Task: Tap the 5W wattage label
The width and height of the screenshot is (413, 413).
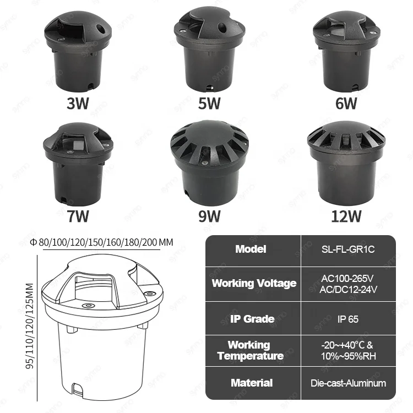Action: [209, 104]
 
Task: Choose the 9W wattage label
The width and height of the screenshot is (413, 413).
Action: [209, 215]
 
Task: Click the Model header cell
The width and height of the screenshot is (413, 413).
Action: [251, 249]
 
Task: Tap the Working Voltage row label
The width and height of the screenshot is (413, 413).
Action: [254, 284]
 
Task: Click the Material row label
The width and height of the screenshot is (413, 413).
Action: [252, 383]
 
